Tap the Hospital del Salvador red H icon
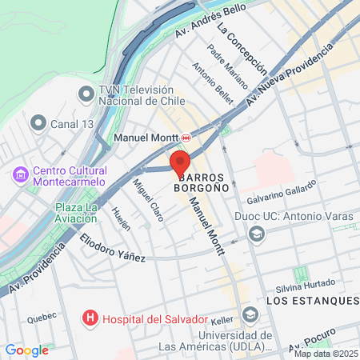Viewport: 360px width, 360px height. click(x=90, y=318)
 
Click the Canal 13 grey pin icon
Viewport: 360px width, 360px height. click(x=38, y=123)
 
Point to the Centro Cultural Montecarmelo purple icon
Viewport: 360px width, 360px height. click(x=20, y=174)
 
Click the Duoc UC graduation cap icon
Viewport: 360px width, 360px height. click(x=256, y=234)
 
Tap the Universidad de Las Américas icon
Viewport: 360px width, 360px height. click(x=250, y=314)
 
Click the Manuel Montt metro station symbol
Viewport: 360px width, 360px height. click(x=186, y=138)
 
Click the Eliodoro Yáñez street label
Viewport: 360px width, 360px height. click(x=112, y=247)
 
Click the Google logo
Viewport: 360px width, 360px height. click(x=26, y=350)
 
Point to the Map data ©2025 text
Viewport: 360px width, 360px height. click(x=326, y=354)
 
